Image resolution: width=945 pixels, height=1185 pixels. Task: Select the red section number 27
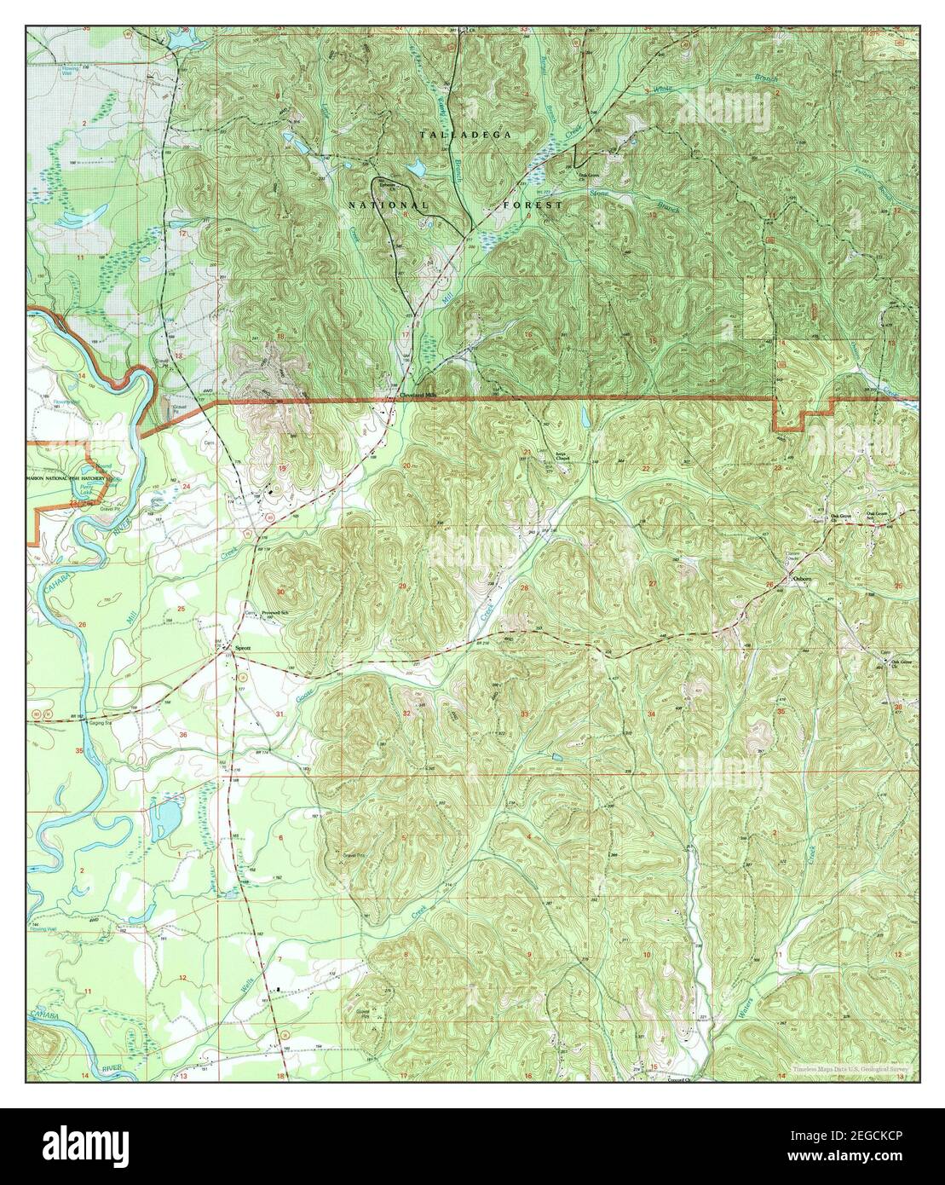tap(653, 583)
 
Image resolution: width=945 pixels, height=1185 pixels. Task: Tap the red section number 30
tap(280, 591)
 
